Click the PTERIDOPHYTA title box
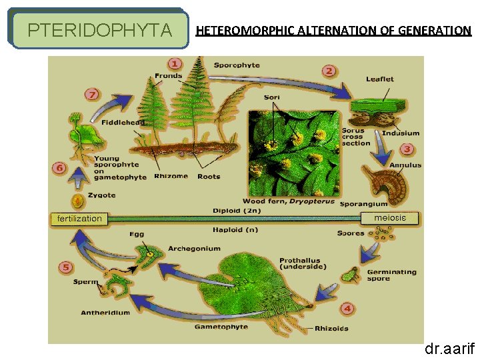(99, 30)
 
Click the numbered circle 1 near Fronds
(175, 64)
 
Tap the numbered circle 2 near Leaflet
(329, 71)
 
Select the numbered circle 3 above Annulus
(406, 149)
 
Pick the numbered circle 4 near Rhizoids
(347, 309)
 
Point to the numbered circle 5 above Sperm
(65, 267)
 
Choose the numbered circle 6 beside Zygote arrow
(59, 168)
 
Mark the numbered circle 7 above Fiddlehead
(92, 94)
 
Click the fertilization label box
(79, 218)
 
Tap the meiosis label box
(390, 218)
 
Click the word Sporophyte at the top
(237, 65)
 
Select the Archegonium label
(194, 249)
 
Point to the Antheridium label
(105, 313)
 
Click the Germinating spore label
(391, 275)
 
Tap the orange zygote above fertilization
(78, 201)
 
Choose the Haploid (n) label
(235, 230)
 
